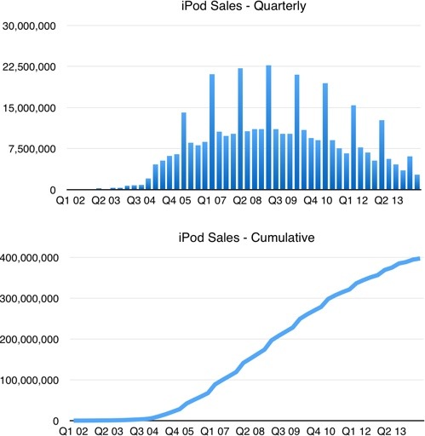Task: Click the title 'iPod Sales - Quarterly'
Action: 244,9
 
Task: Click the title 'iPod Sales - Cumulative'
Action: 244,238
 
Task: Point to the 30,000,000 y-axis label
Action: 29,26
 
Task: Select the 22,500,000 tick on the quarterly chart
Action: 29,66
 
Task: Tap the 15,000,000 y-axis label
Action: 29,108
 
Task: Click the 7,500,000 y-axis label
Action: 32,149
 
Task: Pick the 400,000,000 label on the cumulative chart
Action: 29,257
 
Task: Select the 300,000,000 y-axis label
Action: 29,298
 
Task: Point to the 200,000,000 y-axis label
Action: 29,339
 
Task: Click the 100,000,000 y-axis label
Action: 29,380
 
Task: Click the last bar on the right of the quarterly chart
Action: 417,182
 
